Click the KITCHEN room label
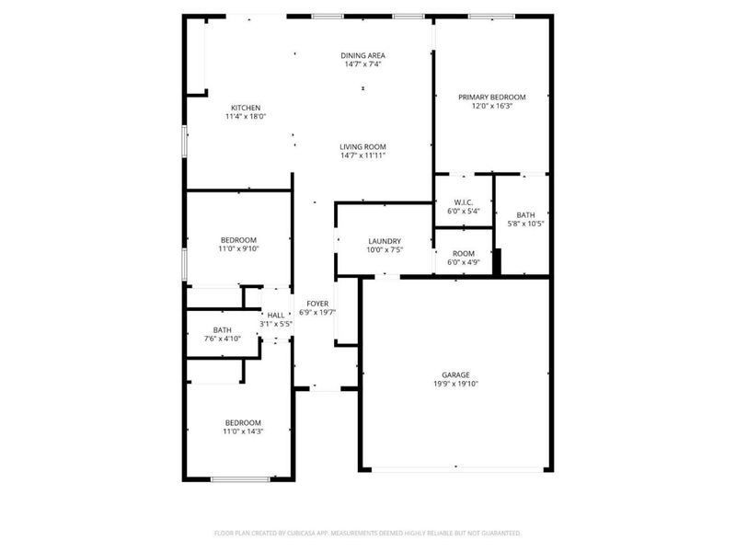click(x=245, y=107)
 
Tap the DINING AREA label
click(x=362, y=55)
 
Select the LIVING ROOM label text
click(x=362, y=146)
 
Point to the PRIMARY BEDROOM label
click(x=491, y=97)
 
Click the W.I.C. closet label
click(x=464, y=201)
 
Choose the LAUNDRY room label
click(x=385, y=241)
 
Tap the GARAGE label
click(x=455, y=374)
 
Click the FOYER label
click(x=317, y=303)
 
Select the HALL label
click(x=276, y=315)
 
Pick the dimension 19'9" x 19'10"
click(x=455, y=384)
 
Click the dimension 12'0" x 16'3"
click(x=491, y=106)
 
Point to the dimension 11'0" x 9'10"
click(x=237, y=248)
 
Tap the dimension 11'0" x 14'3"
click(x=243, y=431)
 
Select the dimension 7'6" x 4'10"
click(x=222, y=339)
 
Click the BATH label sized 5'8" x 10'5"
click(x=525, y=214)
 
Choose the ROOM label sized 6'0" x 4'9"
click(x=464, y=253)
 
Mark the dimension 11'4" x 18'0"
click(x=245, y=116)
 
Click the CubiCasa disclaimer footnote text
click(x=367, y=533)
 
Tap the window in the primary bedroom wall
click(x=490, y=16)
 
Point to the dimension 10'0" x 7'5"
click(x=385, y=249)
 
